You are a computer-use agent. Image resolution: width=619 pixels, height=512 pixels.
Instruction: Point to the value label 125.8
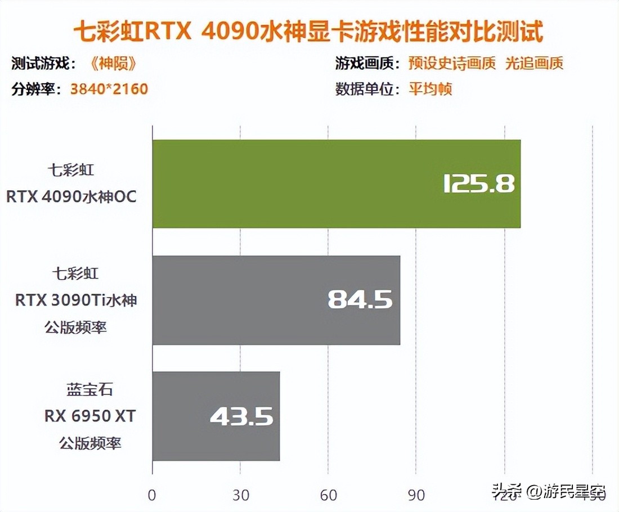(479, 184)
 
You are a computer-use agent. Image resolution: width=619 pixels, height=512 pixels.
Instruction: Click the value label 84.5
(360, 300)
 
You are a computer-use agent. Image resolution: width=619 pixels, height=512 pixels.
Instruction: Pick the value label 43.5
(241, 417)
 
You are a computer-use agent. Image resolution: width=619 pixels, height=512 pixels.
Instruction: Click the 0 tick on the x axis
(152, 496)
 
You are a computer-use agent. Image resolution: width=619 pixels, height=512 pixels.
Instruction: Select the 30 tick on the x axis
(240, 496)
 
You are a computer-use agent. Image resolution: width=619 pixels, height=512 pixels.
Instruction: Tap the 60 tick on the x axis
(328, 496)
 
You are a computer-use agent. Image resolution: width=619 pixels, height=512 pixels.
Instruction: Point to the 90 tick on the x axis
(416, 496)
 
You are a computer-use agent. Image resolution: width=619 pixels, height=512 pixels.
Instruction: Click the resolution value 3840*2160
(109, 89)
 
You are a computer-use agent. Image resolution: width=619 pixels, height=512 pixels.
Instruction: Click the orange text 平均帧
(430, 89)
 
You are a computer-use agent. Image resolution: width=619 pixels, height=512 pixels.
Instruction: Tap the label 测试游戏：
(44, 64)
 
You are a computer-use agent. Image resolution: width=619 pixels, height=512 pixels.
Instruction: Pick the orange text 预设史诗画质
(452, 64)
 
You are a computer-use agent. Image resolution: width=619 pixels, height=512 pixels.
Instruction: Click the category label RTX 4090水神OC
(71, 197)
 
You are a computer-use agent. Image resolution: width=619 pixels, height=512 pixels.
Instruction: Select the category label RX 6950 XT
(90, 417)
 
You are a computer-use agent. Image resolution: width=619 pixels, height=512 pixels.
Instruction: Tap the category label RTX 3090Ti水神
(76, 300)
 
